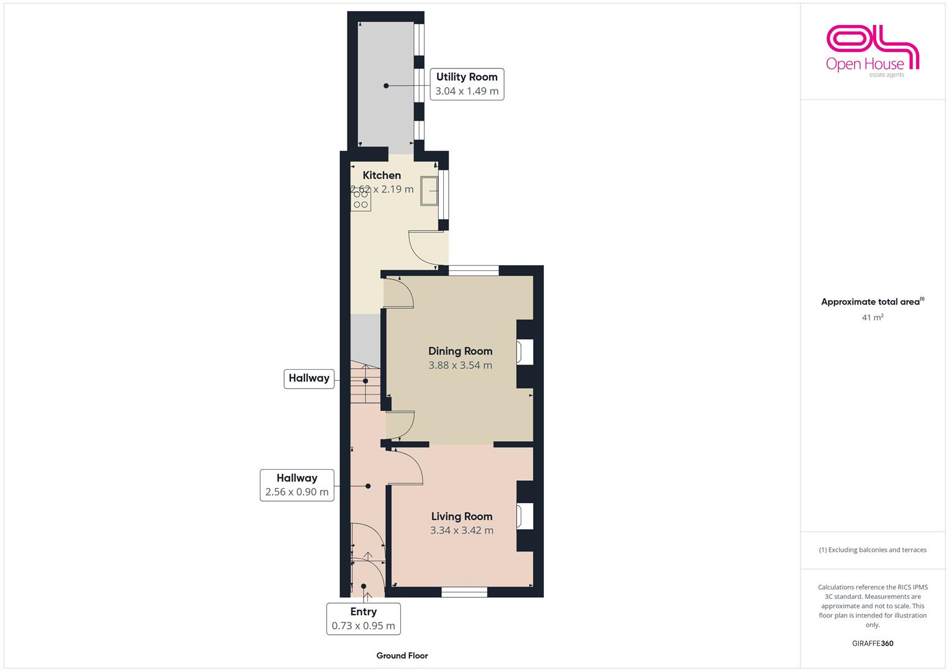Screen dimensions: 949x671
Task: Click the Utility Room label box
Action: click(467, 84)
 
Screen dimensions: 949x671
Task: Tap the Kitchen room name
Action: click(382, 175)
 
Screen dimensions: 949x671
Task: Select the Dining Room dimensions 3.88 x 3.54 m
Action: click(460, 365)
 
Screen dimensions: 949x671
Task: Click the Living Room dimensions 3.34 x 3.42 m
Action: click(462, 531)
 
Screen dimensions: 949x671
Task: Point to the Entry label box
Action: click(364, 619)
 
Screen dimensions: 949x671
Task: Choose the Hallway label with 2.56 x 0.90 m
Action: click(297, 485)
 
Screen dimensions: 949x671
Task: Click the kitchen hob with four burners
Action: click(360, 200)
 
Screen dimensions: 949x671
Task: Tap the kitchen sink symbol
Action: click(429, 191)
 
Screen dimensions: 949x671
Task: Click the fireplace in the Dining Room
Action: click(525, 352)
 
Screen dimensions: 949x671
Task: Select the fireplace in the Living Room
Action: click(525, 516)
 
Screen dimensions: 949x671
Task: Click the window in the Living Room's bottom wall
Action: click(464, 592)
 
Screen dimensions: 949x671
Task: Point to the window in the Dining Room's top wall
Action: click(474, 270)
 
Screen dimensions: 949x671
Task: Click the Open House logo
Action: click(873, 51)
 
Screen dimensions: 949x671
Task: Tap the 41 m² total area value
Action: click(873, 317)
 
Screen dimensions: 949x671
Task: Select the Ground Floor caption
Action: click(402, 655)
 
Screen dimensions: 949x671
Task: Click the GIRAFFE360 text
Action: click(873, 644)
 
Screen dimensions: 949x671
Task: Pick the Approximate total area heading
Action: click(873, 301)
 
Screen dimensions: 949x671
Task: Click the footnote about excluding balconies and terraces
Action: click(873, 550)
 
